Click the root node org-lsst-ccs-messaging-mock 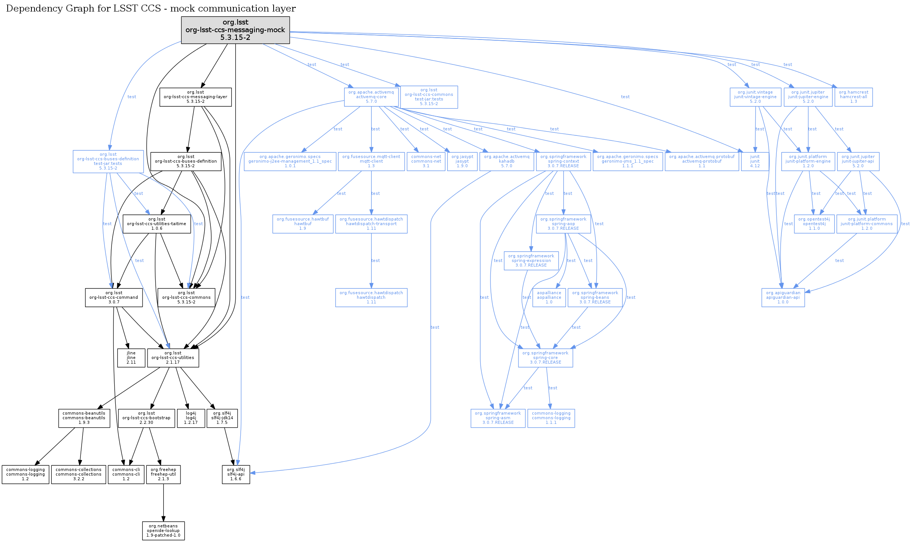tap(235, 30)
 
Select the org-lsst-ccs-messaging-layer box tap(195, 97)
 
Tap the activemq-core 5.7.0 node tap(371, 97)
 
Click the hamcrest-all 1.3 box tap(853, 97)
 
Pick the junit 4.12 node tap(755, 161)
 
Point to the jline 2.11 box tap(131, 358)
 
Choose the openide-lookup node tap(163, 531)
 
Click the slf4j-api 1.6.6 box tap(236, 474)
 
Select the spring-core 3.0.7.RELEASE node tap(545, 358)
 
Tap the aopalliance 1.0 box tap(549, 298)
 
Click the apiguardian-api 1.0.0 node tap(783, 298)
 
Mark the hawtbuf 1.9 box tap(303, 224)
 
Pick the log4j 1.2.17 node tap(191, 418)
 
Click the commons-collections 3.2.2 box tap(79, 474)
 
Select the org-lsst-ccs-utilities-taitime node tap(157, 224)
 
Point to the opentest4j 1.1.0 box tap(814, 224)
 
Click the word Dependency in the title tap(27, 8)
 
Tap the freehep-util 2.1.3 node tap(163, 474)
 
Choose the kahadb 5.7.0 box tap(506, 161)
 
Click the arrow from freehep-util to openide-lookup tap(163, 502)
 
